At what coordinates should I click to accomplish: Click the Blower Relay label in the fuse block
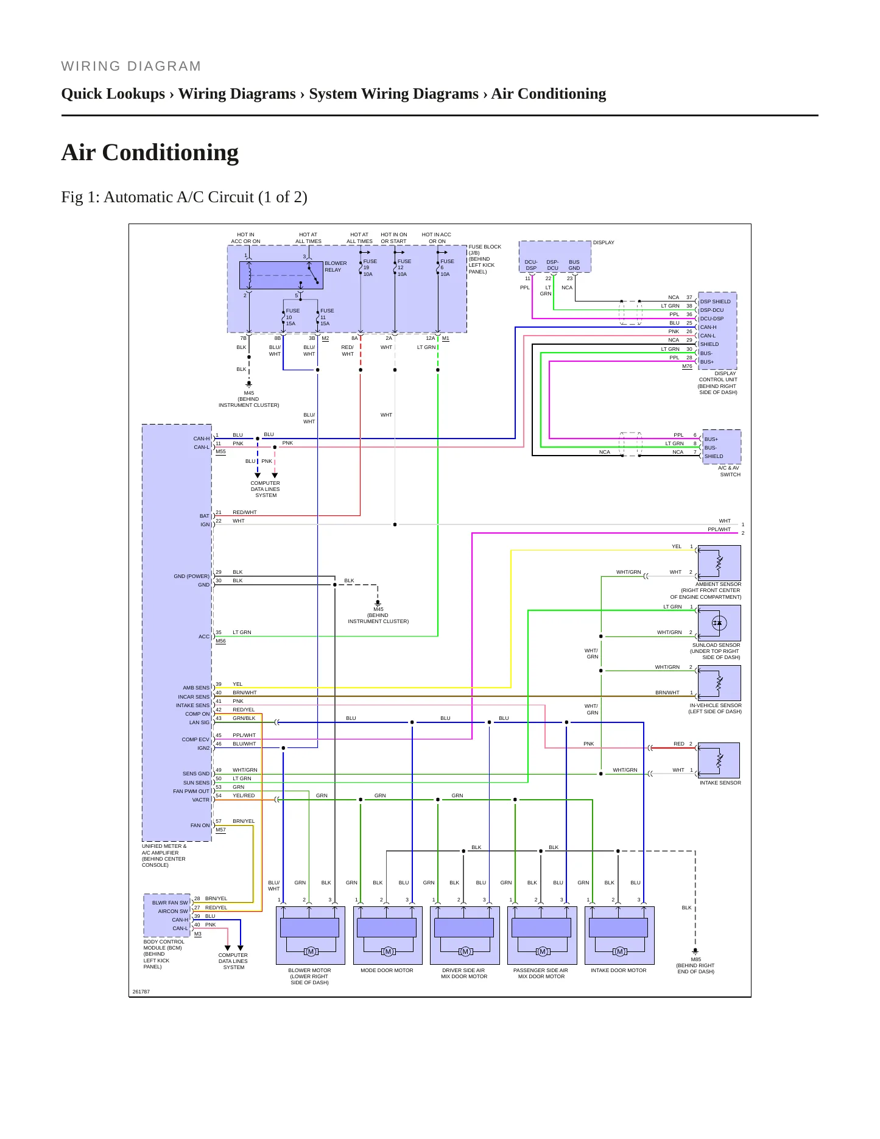click(336, 267)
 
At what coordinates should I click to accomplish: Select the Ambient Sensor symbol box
click(719, 563)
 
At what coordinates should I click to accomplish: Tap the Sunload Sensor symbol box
click(719, 623)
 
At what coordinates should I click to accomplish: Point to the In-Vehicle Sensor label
click(715, 708)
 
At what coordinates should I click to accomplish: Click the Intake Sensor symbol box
click(719, 760)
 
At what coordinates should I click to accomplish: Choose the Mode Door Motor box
click(387, 936)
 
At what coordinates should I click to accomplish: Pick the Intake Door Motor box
click(619, 936)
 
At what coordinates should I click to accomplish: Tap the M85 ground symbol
click(695, 951)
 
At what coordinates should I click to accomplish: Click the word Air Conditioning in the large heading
click(150, 152)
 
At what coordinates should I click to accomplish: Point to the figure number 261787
click(141, 992)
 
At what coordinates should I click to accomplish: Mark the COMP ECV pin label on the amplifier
click(195, 739)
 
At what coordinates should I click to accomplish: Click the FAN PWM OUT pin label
click(191, 791)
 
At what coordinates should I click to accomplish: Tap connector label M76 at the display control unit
click(687, 367)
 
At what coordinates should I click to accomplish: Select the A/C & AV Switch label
click(730, 471)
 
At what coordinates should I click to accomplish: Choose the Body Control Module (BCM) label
click(164, 954)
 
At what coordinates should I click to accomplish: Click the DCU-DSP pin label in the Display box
click(531, 265)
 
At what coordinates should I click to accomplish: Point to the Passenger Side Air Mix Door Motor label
click(541, 973)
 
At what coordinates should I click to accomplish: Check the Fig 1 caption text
click(184, 197)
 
